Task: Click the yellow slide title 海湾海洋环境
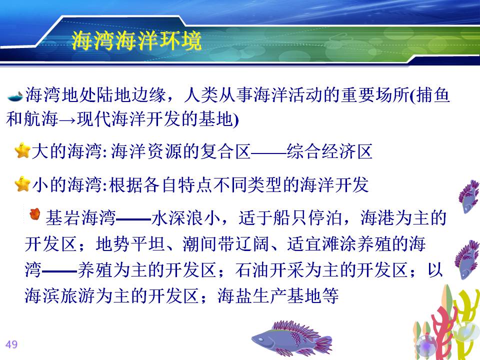[x=136, y=40]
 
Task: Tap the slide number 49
[x=11, y=344]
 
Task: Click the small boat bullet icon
[x=14, y=96]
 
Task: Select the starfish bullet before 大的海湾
[x=22, y=150]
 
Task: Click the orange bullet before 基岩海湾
[x=35, y=214]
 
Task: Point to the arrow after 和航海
[x=67, y=119]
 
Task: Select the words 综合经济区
[x=329, y=151]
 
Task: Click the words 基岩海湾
[x=80, y=218]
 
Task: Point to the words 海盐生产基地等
[x=278, y=295]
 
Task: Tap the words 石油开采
[x=270, y=270]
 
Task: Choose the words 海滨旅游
[x=59, y=295]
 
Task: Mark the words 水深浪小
[x=186, y=218]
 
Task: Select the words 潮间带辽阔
[x=226, y=244]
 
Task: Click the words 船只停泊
[x=308, y=218]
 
